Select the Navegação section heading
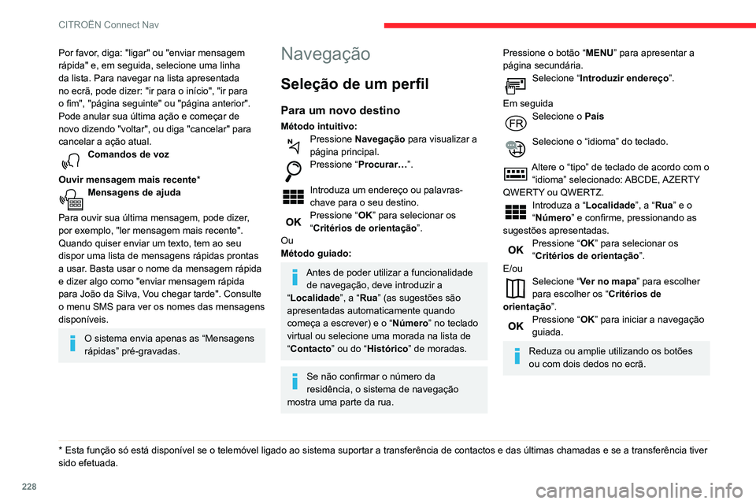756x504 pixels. point(324,54)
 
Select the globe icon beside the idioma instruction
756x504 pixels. point(516,146)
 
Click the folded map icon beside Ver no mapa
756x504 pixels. point(516,287)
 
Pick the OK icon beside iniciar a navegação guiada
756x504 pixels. point(516,325)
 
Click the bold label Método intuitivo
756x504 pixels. point(318,126)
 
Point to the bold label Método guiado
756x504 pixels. point(315,253)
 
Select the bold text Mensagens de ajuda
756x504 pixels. point(134,192)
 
